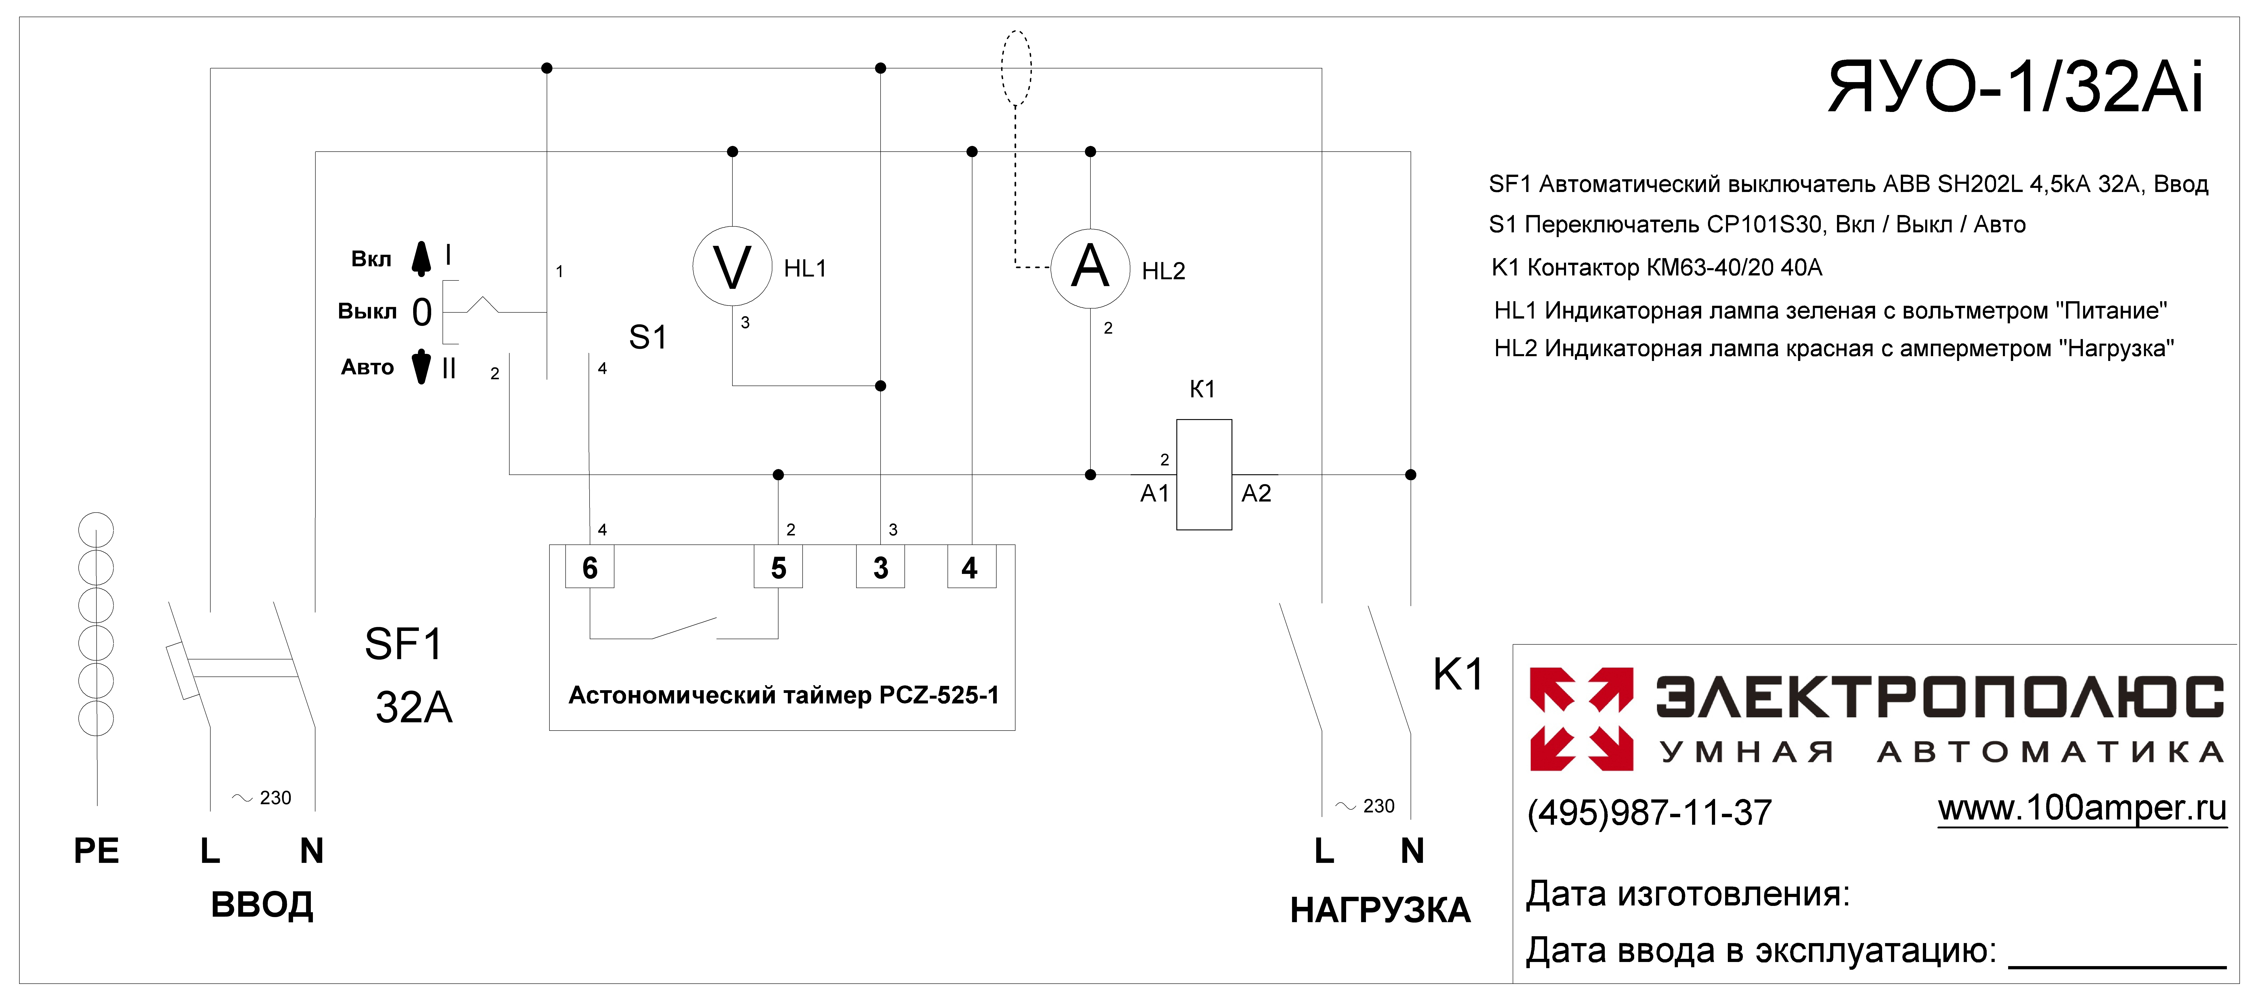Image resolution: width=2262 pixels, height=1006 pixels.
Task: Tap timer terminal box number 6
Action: [x=589, y=568]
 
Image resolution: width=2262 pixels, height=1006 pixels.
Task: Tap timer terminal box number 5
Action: [x=778, y=568]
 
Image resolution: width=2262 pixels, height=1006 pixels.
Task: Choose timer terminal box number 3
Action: [x=881, y=568]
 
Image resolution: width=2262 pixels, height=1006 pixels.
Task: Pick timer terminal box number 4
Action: [x=971, y=568]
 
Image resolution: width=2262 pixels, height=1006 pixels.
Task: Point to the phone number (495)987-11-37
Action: [x=1650, y=813]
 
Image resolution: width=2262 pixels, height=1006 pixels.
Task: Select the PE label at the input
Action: [x=97, y=850]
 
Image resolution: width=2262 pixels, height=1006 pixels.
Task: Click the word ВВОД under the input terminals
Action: [x=262, y=905]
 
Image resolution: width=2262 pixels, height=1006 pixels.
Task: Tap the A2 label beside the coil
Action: [x=1256, y=494]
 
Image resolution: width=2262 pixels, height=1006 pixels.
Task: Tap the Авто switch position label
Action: [x=367, y=367]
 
